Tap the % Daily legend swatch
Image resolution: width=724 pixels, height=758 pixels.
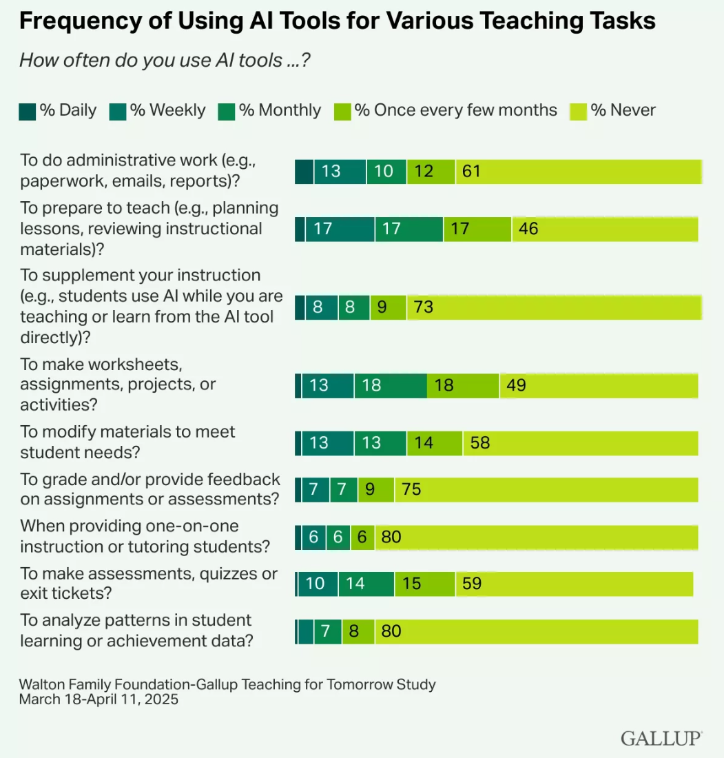pyautogui.click(x=27, y=111)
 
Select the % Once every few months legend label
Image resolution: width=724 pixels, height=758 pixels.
pyautogui.click(x=455, y=110)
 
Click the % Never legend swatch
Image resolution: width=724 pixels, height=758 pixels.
pyautogui.click(x=578, y=111)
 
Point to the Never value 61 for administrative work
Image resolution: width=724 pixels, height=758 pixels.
pyautogui.click(x=471, y=172)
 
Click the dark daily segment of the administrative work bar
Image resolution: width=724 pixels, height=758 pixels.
pyautogui.click(x=304, y=172)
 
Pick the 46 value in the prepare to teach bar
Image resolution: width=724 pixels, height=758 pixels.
pyautogui.click(x=528, y=229)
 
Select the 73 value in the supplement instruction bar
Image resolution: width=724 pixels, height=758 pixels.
pyautogui.click(x=424, y=307)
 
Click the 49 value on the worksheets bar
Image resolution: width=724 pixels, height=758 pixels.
pyautogui.click(x=516, y=385)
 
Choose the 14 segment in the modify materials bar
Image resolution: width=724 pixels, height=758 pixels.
pyautogui.click(x=424, y=442)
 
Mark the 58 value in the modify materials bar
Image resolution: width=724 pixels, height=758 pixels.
pyautogui.click(x=480, y=442)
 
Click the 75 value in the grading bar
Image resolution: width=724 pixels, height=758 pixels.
pyautogui.click(x=411, y=490)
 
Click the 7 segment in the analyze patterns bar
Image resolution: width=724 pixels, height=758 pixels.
pyautogui.click(x=327, y=631)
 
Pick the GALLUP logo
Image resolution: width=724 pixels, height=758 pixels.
pyautogui.click(x=661, y=738)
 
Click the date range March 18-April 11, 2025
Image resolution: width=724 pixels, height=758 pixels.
pyautogui.click(x=99, y=699)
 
